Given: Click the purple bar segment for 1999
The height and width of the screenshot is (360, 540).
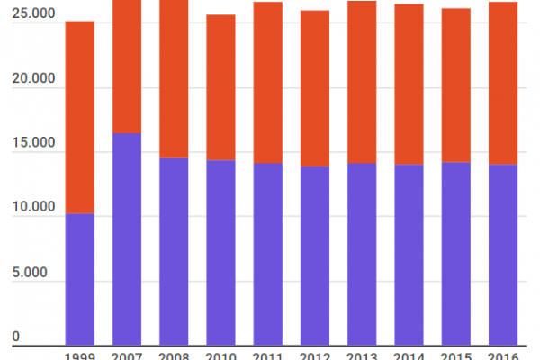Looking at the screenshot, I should (80, 279).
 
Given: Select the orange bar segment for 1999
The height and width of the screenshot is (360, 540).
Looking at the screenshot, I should (80, 117).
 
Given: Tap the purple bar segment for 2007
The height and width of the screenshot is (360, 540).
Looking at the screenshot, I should (127, 238).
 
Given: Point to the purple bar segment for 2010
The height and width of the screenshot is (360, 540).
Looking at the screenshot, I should (220, 252).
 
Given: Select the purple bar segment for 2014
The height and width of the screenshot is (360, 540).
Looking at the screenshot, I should (408, 255).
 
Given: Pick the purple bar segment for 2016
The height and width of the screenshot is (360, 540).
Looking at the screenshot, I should (501, 255).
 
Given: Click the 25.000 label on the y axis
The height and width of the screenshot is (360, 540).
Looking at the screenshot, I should (28, 16).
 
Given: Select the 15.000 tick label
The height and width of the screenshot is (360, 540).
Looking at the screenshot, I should (28, 145).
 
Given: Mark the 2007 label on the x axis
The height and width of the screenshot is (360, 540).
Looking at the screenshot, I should (127, 355).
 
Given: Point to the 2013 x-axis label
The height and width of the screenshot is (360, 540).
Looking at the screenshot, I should (361, 355).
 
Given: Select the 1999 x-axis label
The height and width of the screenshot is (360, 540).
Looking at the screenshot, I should (80, 355).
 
